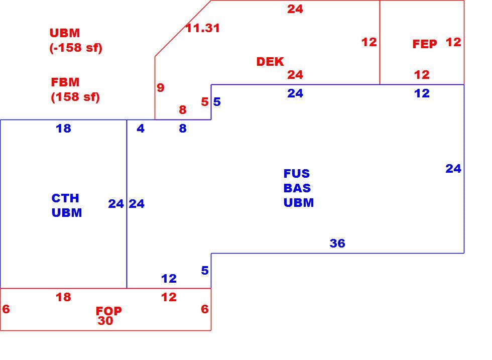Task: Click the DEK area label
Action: [270, 62]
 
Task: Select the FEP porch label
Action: [425, 44]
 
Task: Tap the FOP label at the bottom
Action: [108, 311]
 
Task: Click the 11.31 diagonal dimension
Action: [202, 28]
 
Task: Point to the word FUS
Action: [297, 174]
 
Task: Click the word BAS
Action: [297, 188]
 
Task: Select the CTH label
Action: [65, 198]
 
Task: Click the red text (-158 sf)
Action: [76, 48]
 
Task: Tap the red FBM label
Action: [65, 82]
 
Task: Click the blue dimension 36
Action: [337, 243]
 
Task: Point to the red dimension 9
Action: [160, 87]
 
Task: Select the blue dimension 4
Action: [141, 129]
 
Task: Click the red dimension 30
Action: [105, 321]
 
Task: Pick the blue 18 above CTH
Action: [63, 129]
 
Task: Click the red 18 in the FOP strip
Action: [63, 297]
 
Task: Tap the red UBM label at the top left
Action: [65, 33]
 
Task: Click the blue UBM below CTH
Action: [66, 213]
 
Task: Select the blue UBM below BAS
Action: [298, 202]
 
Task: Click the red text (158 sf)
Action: [75, 97]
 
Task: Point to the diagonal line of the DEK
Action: [183, 29]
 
